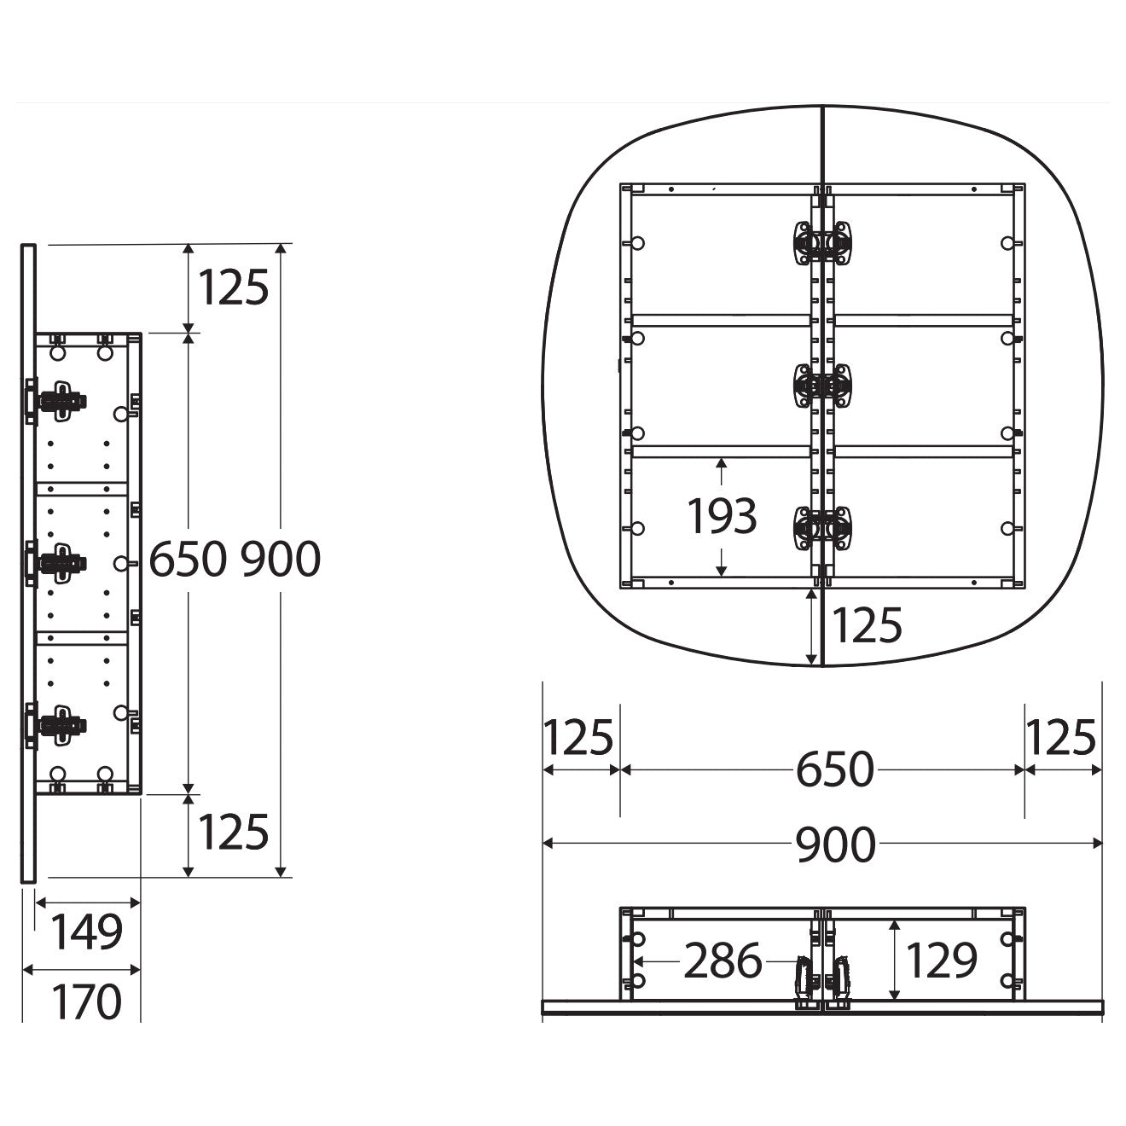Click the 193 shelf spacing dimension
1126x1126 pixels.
pyautogui.click(x=722, y=516)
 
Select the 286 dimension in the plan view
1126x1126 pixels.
pyautogui.click(x=723, y=961)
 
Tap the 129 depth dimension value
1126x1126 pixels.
pyautogui.click(x=942, y=960)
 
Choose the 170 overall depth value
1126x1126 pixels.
pyautogui.click(x=86, y=1001)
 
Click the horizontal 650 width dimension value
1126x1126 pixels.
pyautogui.click(x=835, y=769)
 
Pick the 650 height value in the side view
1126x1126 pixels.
pyautogui.click(x=189, y=559)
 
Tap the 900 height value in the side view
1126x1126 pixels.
pyautogui.click(x=281, y=559)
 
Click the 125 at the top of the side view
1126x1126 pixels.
pyautogui.click(x=233, y=287)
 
